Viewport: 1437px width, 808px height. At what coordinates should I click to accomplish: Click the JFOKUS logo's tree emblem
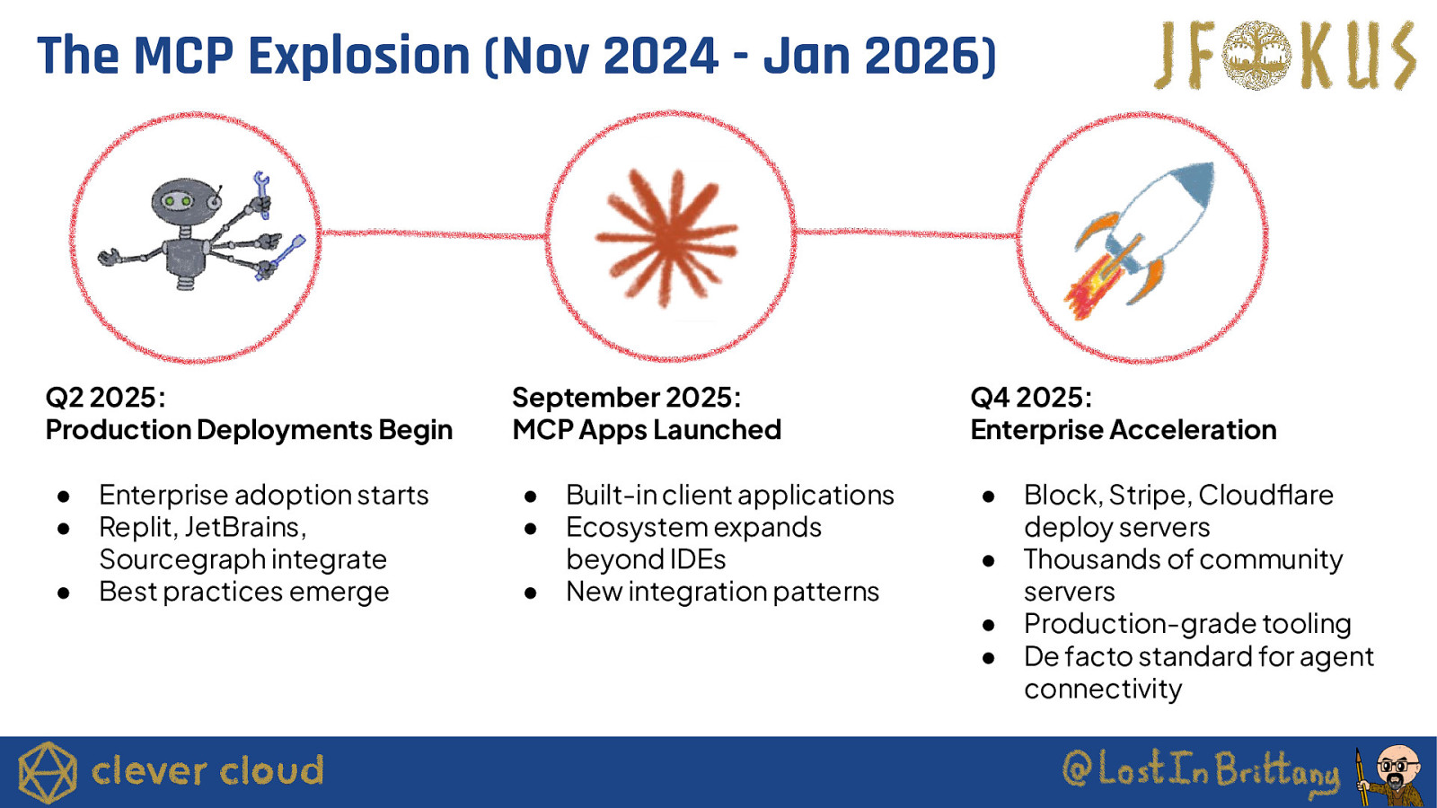tap(1256, 55)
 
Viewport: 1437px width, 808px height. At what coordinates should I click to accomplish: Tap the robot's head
tap(187, 201)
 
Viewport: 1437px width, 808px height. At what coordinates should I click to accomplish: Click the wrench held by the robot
tap(261, 192)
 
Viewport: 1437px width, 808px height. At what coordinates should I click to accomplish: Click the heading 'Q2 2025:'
tap(105, 398)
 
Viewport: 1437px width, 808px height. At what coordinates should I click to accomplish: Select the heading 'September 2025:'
tap(626, 398)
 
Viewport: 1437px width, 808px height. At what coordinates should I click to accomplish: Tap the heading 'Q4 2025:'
tap(1031, 398)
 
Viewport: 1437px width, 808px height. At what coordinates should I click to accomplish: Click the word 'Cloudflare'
tap(1265, 495)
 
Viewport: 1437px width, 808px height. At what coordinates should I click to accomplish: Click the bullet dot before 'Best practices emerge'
tap(63, 593)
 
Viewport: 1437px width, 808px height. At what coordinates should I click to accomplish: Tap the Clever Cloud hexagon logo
tap(48, 772)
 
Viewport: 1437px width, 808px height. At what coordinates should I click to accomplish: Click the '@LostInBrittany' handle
tap(1201, 768)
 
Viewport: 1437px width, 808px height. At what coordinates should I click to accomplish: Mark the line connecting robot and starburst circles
tap(433, 234)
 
